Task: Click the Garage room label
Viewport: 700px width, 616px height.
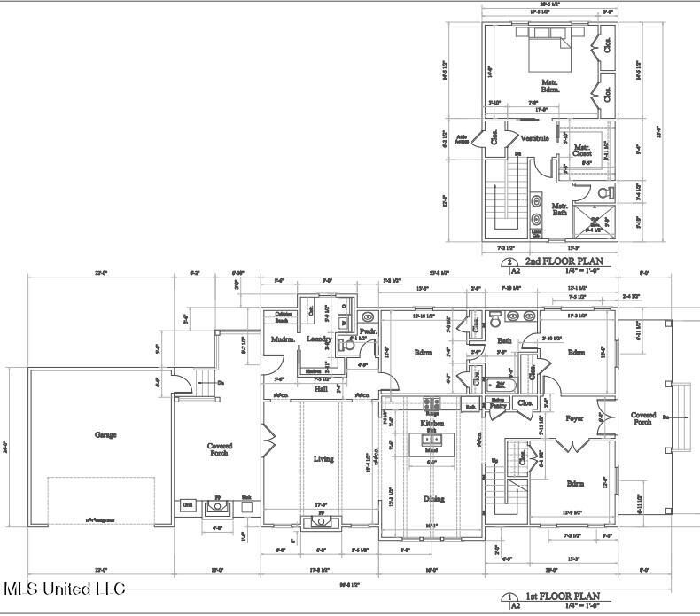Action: click(x=105, y=435)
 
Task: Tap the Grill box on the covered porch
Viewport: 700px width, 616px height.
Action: click(x=187, y=504)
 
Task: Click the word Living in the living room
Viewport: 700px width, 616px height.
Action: click(x=323, y=459)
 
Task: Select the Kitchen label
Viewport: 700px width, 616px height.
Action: click(x=432, y=425)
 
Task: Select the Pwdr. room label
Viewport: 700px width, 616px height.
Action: click(x=369, y=331)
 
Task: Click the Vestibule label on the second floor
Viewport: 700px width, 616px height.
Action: click(x=534, y=138)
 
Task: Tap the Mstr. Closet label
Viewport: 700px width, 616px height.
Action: click(x=581, y=152)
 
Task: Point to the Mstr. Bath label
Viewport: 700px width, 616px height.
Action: click(x=560, y=209)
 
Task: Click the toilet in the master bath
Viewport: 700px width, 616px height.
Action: click(x=605, y=191)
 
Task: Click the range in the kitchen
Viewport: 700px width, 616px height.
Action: click(x=432, y=403)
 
